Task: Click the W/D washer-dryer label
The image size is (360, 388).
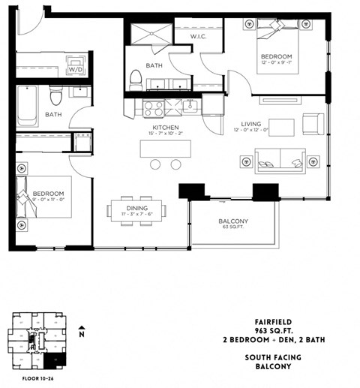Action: point(76,69)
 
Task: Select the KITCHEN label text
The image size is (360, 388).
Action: point(164,128)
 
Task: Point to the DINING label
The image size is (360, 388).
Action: point(136,207)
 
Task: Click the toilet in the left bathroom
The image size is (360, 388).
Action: point(54,95)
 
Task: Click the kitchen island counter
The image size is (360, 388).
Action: point(165,149)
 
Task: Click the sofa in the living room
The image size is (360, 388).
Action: point(280,160)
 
